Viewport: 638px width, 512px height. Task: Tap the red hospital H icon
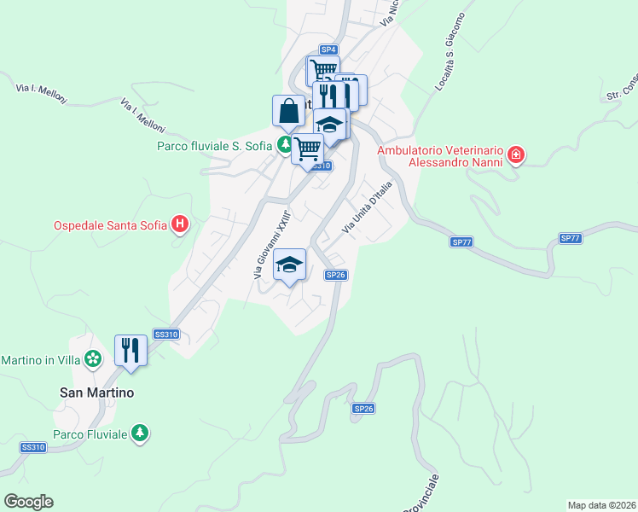180,224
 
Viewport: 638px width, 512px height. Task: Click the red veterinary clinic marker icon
515,154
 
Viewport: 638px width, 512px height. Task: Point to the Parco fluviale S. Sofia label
213,146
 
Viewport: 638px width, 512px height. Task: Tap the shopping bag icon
287,111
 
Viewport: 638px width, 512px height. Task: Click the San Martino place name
96,393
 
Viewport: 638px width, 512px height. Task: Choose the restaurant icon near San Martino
130,350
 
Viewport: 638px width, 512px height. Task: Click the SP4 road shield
329,49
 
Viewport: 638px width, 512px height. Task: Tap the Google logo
28,502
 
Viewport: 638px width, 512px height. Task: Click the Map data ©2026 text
601,505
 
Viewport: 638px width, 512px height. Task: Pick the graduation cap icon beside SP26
290,265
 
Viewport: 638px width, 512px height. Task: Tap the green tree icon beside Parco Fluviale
140,433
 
